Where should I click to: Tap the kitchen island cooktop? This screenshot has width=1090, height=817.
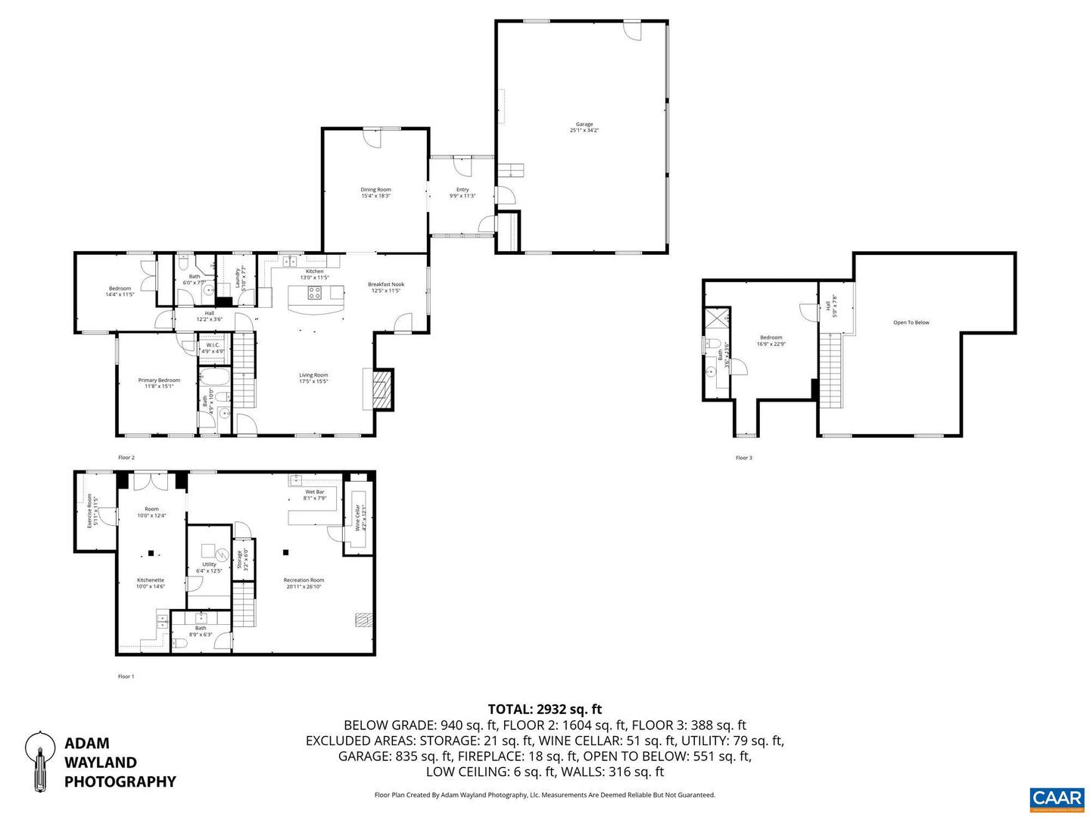tap(315, 293)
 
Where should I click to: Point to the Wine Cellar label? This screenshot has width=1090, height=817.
tap(357, 517)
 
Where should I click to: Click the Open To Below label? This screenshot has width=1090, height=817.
tap(911, 323)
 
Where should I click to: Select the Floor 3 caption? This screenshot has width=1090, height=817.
tap(743, 458)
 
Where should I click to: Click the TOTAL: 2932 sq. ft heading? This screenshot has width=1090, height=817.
tap(545, 709)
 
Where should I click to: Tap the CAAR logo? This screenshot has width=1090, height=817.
tap(1056, 799)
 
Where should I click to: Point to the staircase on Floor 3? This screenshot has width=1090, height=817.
tap(831, 371)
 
